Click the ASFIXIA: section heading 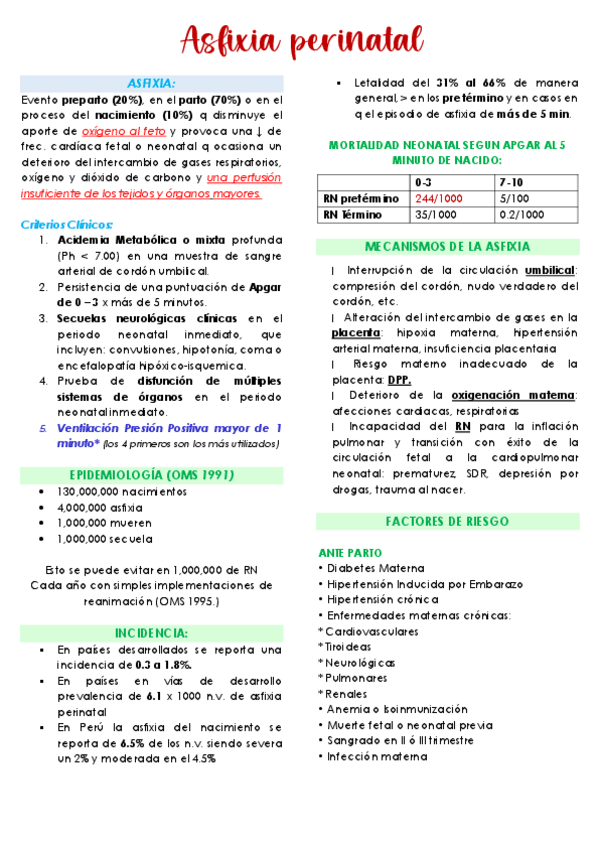(x=151, y=83)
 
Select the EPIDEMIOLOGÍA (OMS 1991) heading (x=151, y=473)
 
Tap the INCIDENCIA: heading (x=151, y=633)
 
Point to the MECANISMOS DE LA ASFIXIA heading (x=447, y=247)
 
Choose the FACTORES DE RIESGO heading (x=447, y=522)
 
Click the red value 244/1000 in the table (x=437, y=198)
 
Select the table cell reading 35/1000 (x=434, y=214)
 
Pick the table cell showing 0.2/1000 (x=521, y=214)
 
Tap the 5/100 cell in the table (x=512, y=198)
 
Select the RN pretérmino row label (x=361, y=198)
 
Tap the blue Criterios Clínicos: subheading (x=67, y=224)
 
